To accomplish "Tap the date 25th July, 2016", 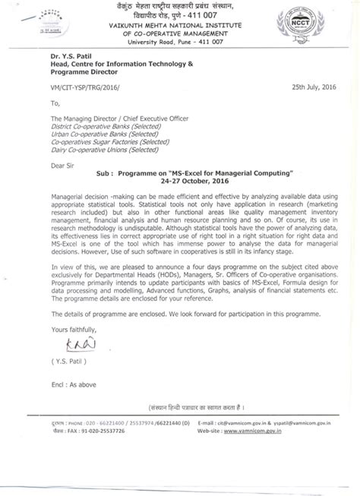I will coord(314,87).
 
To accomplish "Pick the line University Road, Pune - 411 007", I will coord(180,43).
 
